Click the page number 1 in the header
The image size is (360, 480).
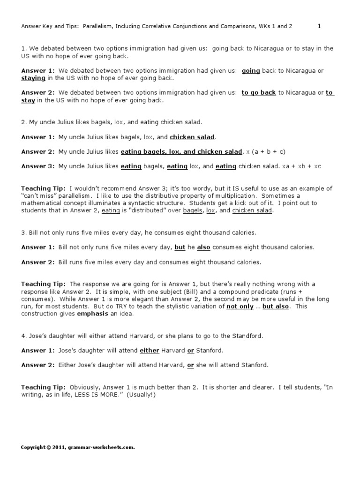(x=319, y=26)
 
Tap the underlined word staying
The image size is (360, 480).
(x=33, y=78)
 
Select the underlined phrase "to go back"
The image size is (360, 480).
(x=258, y=93)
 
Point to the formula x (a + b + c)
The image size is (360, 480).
(x=265, y=151)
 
